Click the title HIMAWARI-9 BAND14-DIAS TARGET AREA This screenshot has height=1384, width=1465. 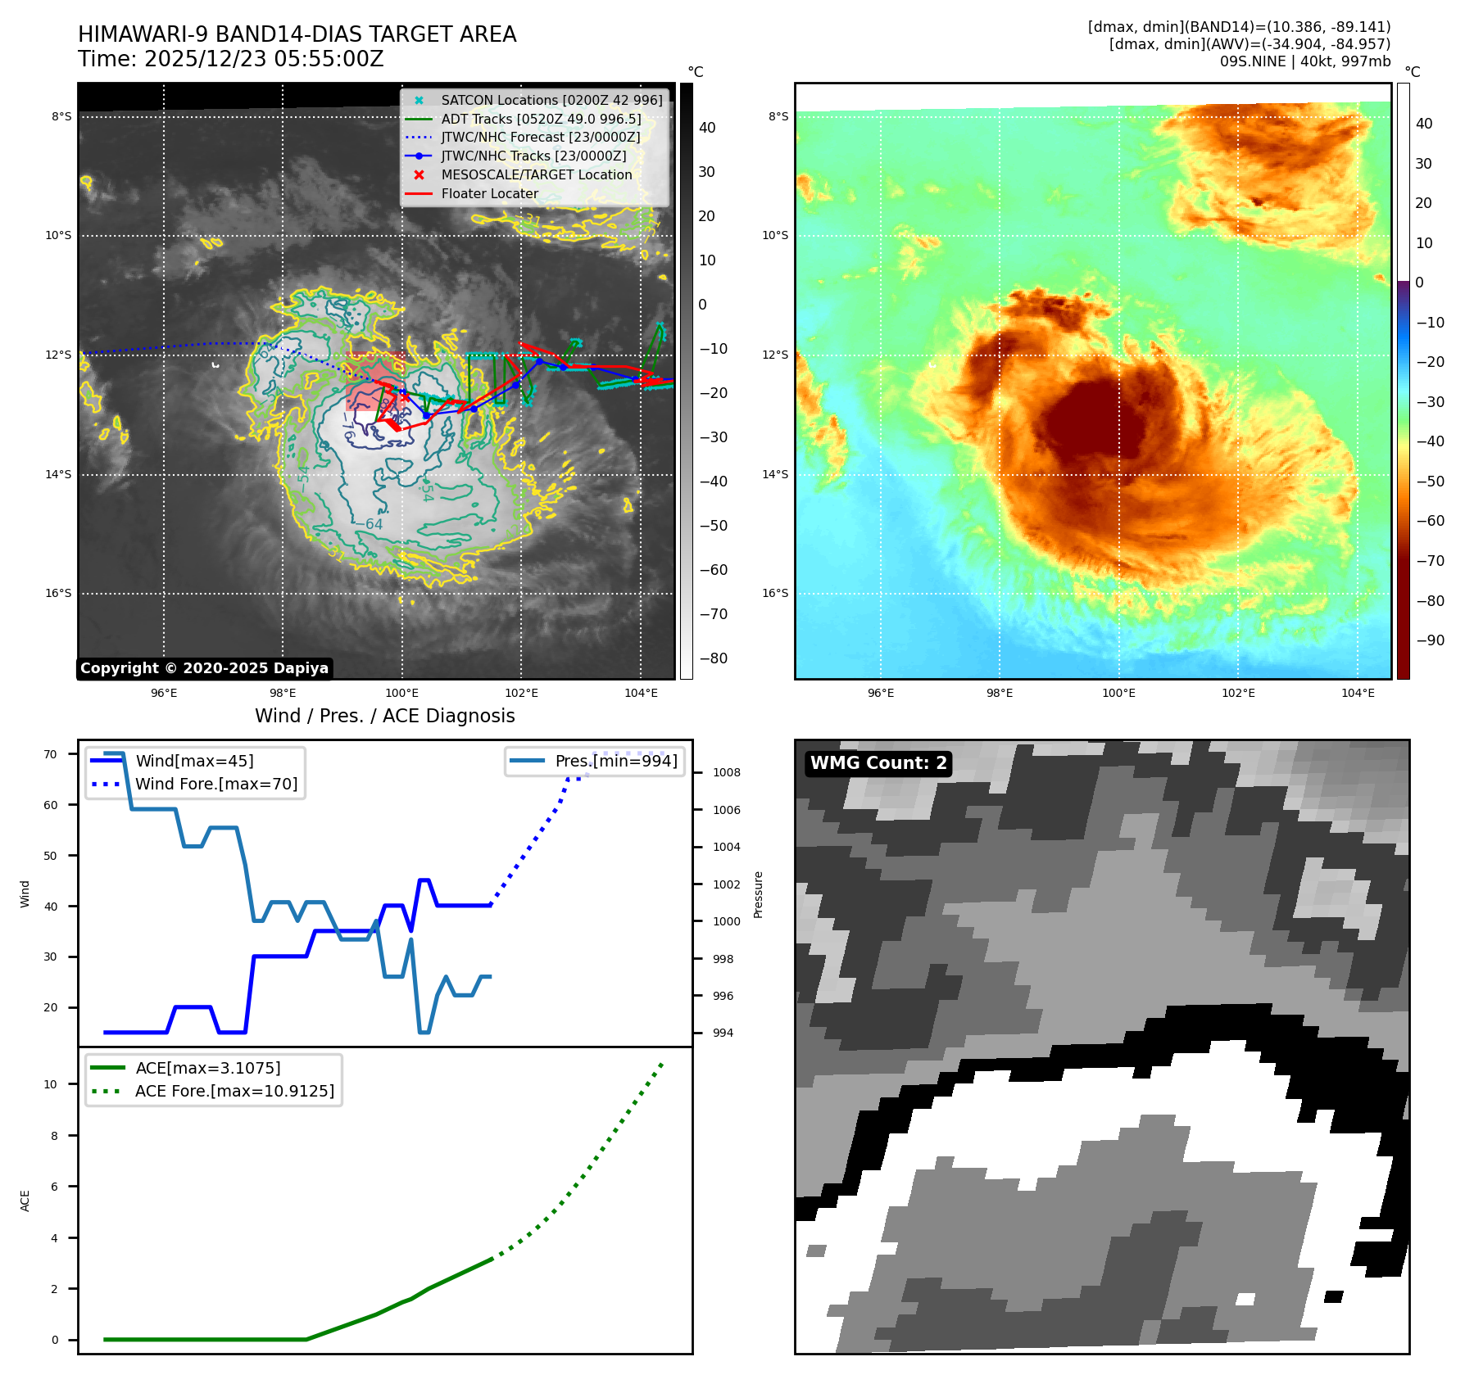click(x=297, y=34)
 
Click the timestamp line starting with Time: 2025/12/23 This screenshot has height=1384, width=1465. click(x=230, y=59)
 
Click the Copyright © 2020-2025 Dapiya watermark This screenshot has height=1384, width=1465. click(x=204, y=668)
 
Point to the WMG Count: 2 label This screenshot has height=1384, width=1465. click(x=878, y=763)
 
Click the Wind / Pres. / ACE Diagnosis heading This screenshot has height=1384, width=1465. click(x=384, y=716)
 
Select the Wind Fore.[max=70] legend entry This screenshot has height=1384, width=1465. click(x=216, y=784)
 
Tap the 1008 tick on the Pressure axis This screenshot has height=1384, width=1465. click(x=726, y=772)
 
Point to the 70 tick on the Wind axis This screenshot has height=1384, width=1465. click(x=51, y=754)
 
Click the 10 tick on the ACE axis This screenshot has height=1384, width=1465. click(x=51, y=1084)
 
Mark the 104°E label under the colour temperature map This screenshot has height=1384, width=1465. click(x=1358, y=693)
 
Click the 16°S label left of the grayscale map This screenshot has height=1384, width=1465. click(x=58, y=593)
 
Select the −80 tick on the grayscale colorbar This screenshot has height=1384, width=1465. click(x=713, y=658)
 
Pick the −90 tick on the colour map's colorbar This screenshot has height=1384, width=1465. click(x=1431, y=640)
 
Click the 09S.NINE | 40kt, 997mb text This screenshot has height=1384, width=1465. click(x=1304, y=61)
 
